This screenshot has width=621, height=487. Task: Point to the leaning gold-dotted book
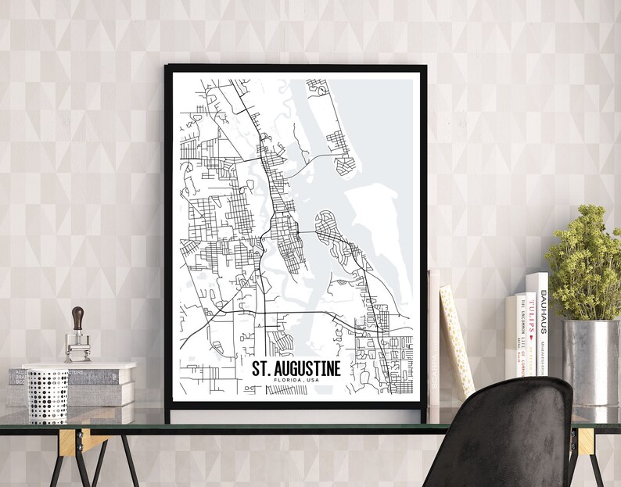457,340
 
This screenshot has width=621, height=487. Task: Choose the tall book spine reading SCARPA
434,344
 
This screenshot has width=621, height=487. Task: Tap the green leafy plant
586,262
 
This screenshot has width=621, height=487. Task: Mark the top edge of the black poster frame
296,68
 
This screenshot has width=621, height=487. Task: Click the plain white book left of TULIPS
510,336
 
